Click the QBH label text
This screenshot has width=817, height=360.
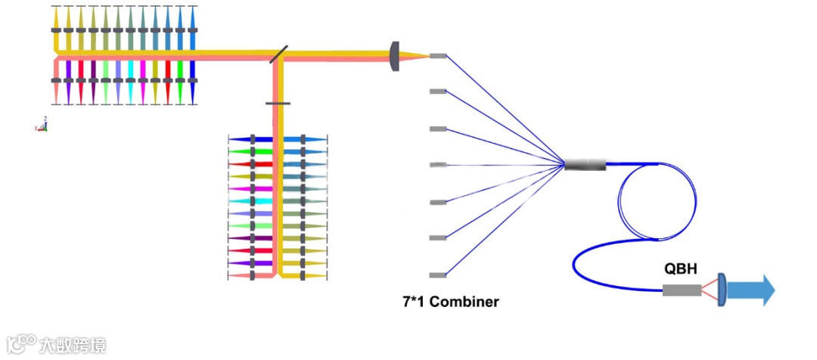tap(681, 268)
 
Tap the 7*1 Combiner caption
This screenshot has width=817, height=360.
tap(450, 302)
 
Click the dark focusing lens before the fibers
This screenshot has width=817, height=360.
tap(394, 56)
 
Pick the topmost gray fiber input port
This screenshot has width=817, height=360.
tap(438, 56)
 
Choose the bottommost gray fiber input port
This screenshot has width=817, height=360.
tap(438, 275)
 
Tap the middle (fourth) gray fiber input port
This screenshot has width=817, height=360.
tap(438, 165)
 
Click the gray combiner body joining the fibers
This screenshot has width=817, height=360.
tap(586, 164)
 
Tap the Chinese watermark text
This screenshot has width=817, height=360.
tap(73, 346)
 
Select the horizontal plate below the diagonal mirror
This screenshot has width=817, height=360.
tap(278, 103)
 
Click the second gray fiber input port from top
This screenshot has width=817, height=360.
tap(438, 92)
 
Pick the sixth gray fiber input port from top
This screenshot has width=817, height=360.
tap(438, 238)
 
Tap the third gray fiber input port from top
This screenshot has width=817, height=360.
tap(438, 129)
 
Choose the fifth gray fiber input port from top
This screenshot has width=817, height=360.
tap(438, 202)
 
